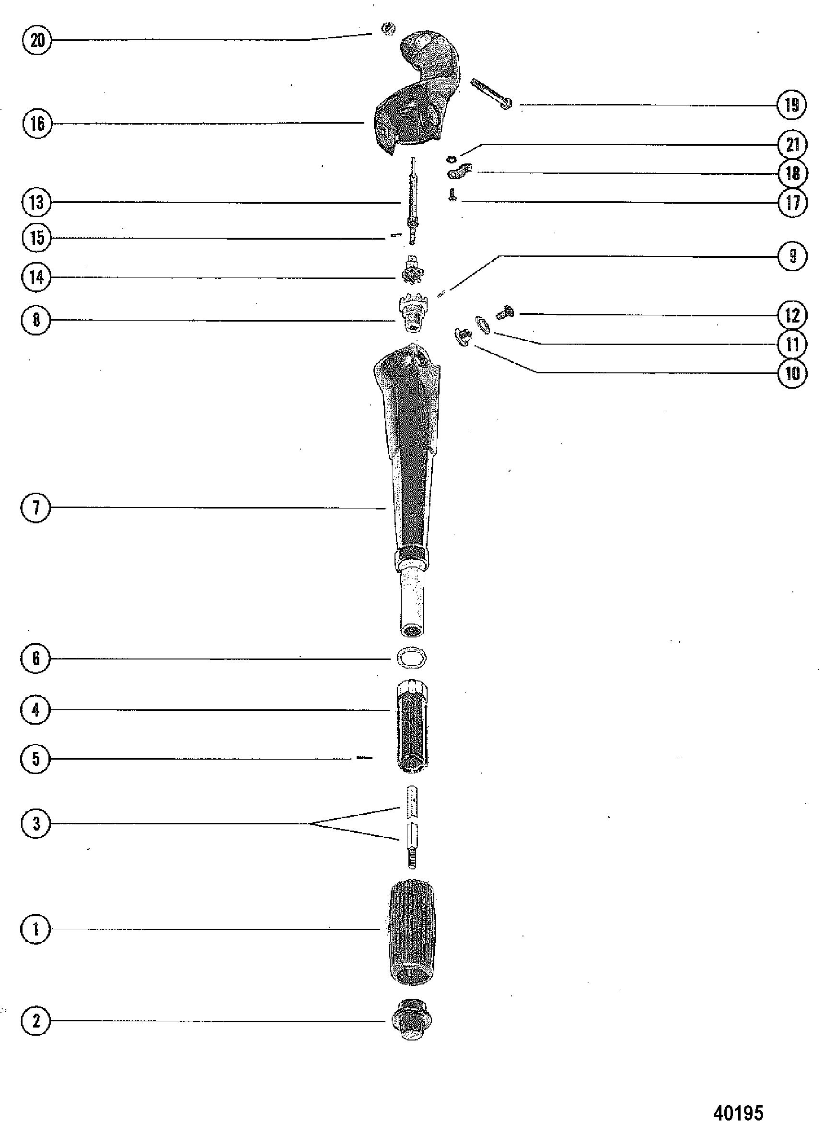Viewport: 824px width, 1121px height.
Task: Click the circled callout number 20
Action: tap(37, 40)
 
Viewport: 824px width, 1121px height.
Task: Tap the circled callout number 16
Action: tap(37, 123)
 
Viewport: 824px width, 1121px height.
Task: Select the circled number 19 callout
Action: tap(791, 105)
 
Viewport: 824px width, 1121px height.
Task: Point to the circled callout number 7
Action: tap(36, 508)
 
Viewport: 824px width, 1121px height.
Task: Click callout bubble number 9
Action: tap(792, 256)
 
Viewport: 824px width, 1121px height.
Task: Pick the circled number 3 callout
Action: tap(36, 823)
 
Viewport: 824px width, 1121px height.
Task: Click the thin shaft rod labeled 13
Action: tap(412, 199)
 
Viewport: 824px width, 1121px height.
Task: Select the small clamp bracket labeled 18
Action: tap(460, 172)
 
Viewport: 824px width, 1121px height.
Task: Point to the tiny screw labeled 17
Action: tap(452, 195)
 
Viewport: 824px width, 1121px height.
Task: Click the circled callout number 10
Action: tap(792, 372)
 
